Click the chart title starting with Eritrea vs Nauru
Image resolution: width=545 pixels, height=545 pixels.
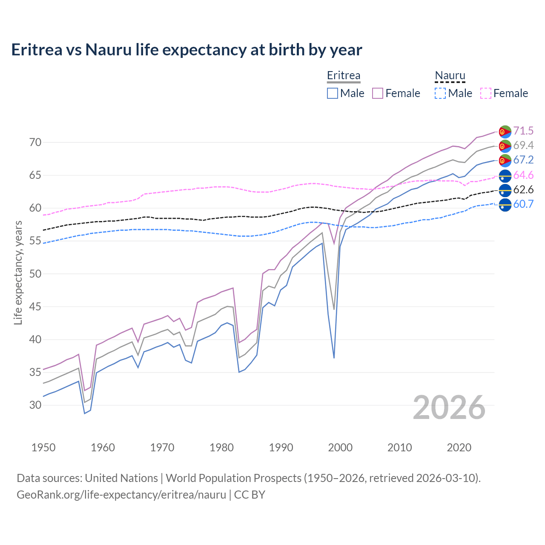(186, 50)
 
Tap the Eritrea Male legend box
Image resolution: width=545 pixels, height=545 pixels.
(333, 93)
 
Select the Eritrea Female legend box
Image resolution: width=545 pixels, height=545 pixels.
(378, 93)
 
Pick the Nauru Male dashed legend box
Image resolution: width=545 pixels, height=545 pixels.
(440, 93)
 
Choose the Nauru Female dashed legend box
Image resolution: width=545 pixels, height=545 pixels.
(486, 93)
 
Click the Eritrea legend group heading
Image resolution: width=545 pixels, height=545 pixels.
(344, 75)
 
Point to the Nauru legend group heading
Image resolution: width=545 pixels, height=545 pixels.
(450, 75)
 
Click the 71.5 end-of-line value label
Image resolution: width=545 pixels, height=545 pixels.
(523, 131)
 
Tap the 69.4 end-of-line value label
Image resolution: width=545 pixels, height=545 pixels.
(523, 145)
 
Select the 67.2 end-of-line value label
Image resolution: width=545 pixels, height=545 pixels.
(523, 160)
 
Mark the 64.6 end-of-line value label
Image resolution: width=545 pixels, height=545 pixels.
(523, 175)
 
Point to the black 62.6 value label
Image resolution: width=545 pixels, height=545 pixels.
(523, 189)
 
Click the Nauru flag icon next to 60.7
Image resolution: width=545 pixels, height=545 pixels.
(505, 204)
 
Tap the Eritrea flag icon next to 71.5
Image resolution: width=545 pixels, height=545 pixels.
(505, 132)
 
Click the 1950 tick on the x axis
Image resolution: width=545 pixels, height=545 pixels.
(43, 447)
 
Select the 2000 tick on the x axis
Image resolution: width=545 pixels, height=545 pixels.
(341, 447)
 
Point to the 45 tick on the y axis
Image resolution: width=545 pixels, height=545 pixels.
(35, 307)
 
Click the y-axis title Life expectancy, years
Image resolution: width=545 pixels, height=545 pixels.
(18, 272)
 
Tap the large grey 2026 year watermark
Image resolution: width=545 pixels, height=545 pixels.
(449, 407)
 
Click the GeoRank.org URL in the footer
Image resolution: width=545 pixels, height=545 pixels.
(121, 495)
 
